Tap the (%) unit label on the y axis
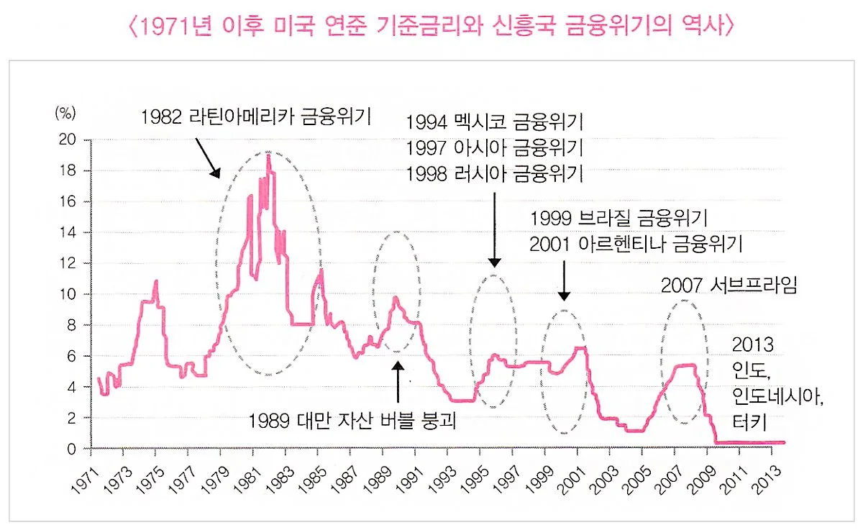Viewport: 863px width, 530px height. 65,113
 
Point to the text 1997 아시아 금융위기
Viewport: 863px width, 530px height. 494,147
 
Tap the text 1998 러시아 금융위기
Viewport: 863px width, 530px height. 494,173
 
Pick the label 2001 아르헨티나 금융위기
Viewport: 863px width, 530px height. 636,243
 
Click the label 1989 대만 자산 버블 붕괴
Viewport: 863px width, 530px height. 353,420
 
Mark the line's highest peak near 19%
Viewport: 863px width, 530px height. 268,154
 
